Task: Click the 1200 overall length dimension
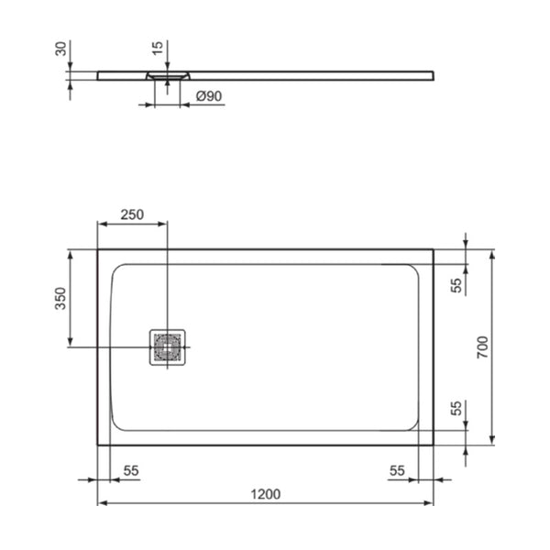pyautogui.click(x=265, y=494)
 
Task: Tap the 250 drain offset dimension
pyautogui.click(x=132, y=214)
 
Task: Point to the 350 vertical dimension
pyautogui.click(x=60, y=299)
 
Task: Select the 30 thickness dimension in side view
pyautogui.click(x=60, y=49)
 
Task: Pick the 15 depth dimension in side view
pyautogui.click(x=159, y=47)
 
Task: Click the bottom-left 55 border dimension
pyautogui.click(x=130, y=470)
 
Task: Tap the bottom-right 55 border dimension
pyautogui.click(x=396, y=470)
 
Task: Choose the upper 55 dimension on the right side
pyautogui.click(x=456, y=284)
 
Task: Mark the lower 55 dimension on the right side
pyautogui.click(x=456, y=409)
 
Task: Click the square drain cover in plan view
pyautogui.click(x=168, y=347)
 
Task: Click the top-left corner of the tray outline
pyautogui.click(x=98, y=249)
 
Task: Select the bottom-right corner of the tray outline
pyautogui.click(x=434, y=445)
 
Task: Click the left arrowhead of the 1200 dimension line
pyautogui.click(x=102, y=503)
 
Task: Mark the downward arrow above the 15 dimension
pyautogui.click(x=167, y=64)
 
